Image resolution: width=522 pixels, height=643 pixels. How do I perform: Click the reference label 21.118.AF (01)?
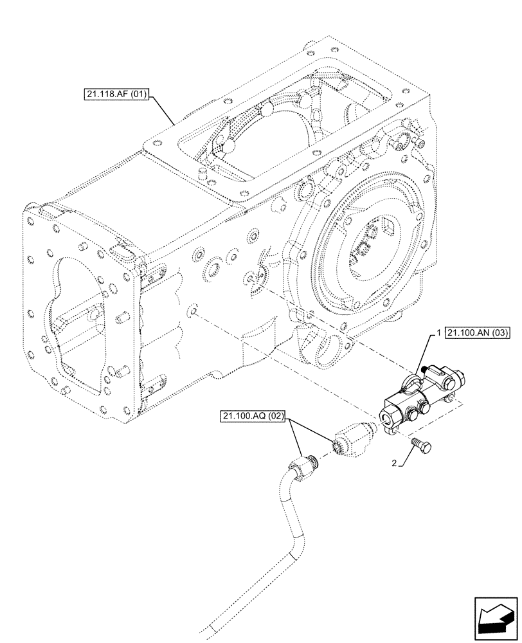116,96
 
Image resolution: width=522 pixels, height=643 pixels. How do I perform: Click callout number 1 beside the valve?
438,334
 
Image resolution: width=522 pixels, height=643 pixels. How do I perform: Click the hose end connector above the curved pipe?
303,464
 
